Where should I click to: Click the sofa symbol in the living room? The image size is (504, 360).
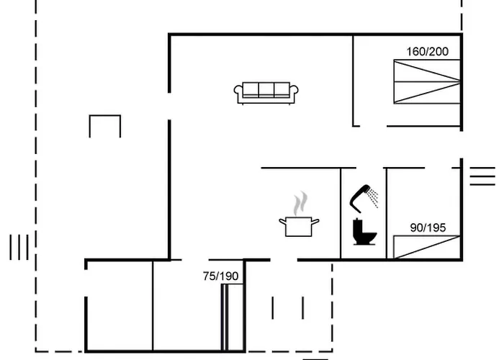click(x=266, y=93)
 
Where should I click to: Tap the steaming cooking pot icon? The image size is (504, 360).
click(x=299, y=215)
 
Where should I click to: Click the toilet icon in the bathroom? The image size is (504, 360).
click(x=364, y=232)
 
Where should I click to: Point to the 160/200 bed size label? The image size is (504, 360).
click(x=428, y=52)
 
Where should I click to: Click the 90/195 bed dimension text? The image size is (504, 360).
click(x=428, y=228)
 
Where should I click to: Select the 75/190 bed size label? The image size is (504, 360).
click(x=221, y=276)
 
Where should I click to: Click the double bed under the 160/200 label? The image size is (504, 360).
click(x=427, y=81)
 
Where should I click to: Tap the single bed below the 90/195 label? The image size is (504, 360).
click(x=427, y=247)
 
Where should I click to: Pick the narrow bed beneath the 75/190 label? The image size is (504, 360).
click(x=232, y=318)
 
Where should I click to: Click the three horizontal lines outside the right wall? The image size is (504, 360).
click(x=482, y=176)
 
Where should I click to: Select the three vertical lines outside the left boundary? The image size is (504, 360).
click(x=19, y=247)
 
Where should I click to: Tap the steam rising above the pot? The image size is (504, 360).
click(x=300, y=203)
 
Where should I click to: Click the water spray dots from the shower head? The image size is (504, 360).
click(x=374, y=198)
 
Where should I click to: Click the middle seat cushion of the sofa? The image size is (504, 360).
click(x=266, y=90)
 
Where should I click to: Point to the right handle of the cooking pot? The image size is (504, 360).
click(x=315, y=222)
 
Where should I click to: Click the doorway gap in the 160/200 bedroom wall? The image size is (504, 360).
click(x=373, y=126)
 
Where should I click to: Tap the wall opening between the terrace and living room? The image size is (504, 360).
click(x=169, y=107)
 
